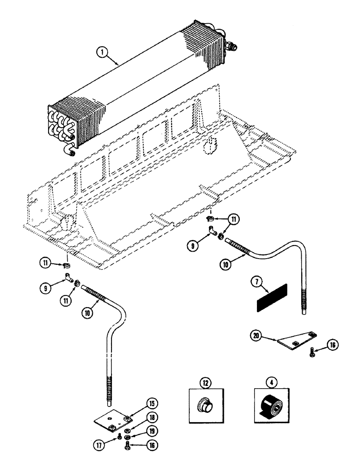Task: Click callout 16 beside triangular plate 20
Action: pyautogui.click(x=331, y=345)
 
